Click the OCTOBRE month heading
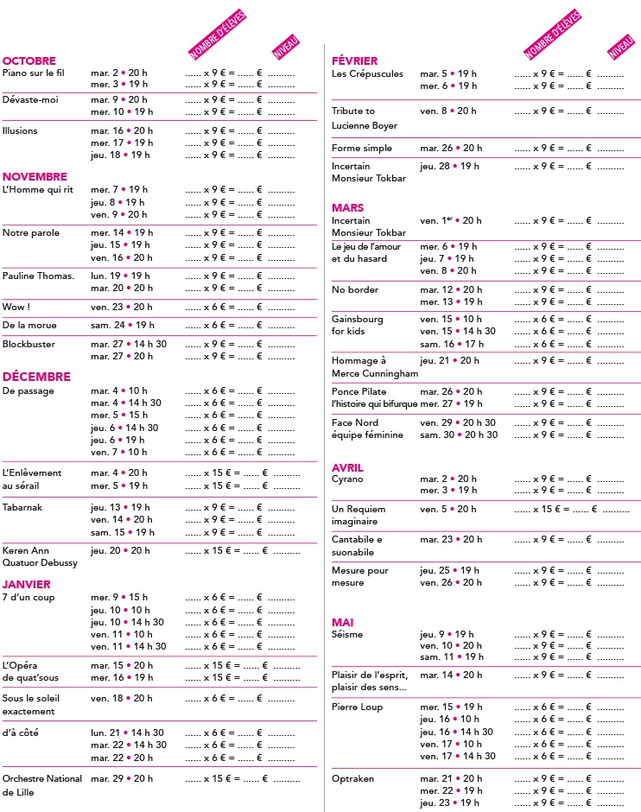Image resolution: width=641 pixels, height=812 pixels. click(x=29, y=60)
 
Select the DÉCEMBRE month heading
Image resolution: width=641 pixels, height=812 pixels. click(x=36, y=377)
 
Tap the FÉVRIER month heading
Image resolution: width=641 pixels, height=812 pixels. click(x=355, y=60)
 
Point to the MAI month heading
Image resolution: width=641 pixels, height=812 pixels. click(x=343, y=622)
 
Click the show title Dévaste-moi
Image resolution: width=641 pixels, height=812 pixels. click(x=30, y=99)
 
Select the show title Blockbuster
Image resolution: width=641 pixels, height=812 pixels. click(x=29, y=344)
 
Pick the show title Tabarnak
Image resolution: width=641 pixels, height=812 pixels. click(x=22, y=507)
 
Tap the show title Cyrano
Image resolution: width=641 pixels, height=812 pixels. click(x=347, y=479)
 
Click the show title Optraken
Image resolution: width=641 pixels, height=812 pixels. click(x=352, y=778)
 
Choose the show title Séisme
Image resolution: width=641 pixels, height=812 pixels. click(x=347, y=634)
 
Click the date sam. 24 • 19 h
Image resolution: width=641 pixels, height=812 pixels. click(x=122, y=325)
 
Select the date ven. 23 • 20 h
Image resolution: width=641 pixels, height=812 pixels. click(x=121, y=307)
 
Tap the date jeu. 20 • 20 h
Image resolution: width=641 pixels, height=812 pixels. click(x=120, y=550)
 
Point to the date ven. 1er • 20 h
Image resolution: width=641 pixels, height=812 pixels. click(x=450, y=220)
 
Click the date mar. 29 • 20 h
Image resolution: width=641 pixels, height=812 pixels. click(x=122, y=778)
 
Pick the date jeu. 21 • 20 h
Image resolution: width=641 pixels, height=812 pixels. click(x=449, y=360)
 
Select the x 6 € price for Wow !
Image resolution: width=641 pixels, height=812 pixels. click(x=215, y=307)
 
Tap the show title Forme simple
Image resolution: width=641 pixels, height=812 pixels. click(x=361, y=148)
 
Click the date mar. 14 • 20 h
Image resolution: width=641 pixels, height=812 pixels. click(x=451, y=675)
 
